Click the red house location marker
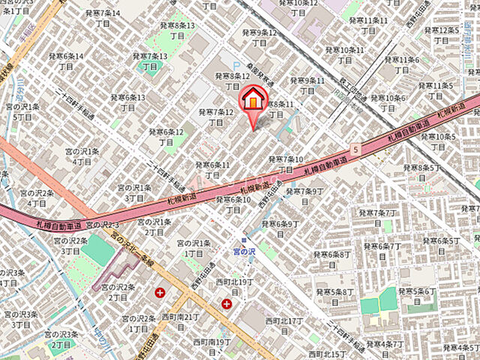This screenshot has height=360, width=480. (x=253, y=100)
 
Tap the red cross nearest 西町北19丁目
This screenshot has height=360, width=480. (x=226, y=303)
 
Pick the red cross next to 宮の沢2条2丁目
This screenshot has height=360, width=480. (x=159, y=292)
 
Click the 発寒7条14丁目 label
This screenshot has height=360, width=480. (x=104, y=19)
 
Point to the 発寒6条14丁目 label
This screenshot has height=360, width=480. (x=66, y=61)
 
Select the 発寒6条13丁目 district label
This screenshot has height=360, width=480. (x=127, y=102)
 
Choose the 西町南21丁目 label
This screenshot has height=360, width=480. (x=180, y=322)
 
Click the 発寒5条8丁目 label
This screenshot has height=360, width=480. (x=334, y=296)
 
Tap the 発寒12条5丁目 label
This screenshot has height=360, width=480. (x=442, y=35)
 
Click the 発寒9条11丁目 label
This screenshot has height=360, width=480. (x=307, y=85)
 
